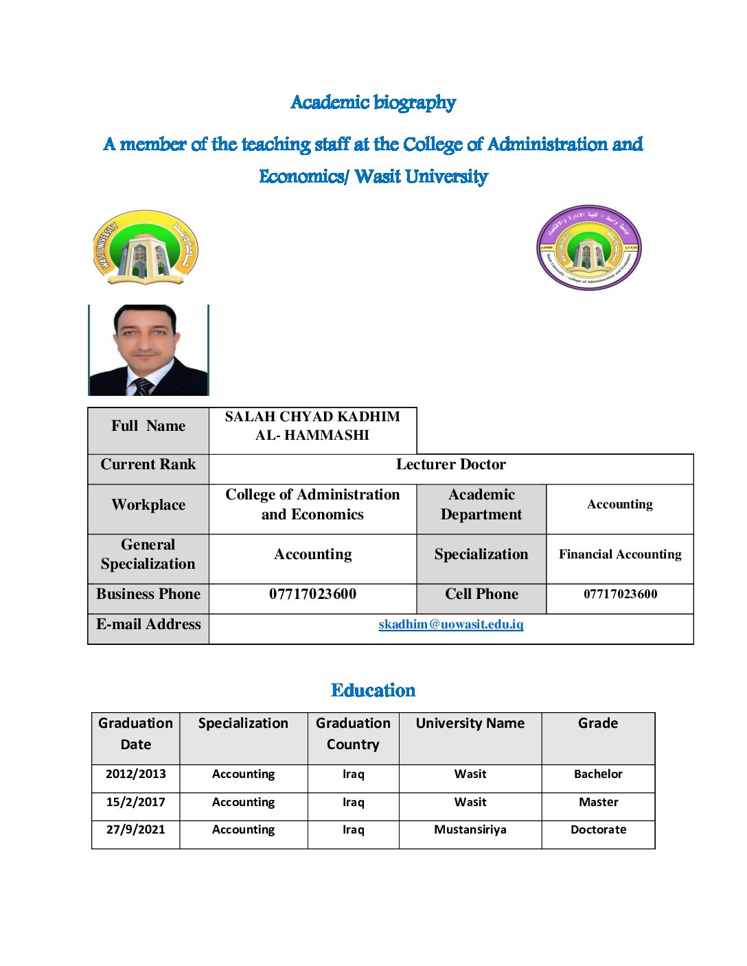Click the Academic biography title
pyautogui.click(x=373, y=103)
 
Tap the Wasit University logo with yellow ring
pyautogui.click(x=146, y=248)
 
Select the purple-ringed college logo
pyautogui.click(x=588, y=248)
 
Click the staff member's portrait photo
pyautogui.click(x=148, y=350)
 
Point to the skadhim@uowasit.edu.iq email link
pyautogui.click(x=451, y=624)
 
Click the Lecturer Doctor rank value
pyautogui.click(x=451, y=464)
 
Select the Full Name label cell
pyautogui.click(x=148, y=426)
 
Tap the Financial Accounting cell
pyautogui.click(x=620, y=554)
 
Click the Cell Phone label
pyautogui.click(x=481, y=594)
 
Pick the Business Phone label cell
pyautogui.click(x=148, y=594)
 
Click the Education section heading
pyautogui.click(x=373, y=690)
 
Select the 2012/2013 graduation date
pyautogui.click(x=136, y=774)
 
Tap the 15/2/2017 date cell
pyautogui.click(x=136, y=802)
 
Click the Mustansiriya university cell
pyautogui.click(x=470, y=829)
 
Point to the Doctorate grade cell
pyautogui.click(x=598, y=829)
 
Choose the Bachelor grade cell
pyautogui.click(x=598, y=774)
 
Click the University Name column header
pyautogui.click(x=470, y=723)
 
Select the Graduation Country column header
pyautogui.click(x=353, y=733)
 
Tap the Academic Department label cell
pyautogui.click(x=481, y=504)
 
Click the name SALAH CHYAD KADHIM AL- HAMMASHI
pyautogui.click(x=312, y=426)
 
